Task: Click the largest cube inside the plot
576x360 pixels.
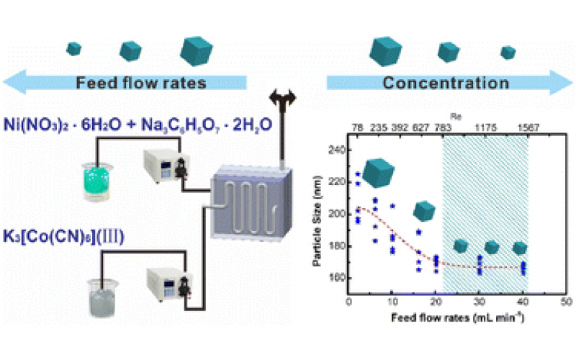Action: tap(379, 173)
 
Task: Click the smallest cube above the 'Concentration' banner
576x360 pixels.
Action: tap(508, 52)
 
